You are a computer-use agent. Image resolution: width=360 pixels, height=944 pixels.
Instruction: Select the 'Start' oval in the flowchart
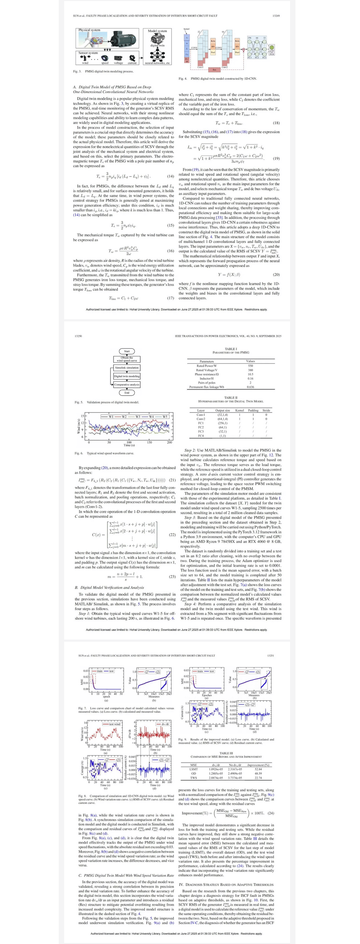pyautogui.click(x=126, y=351)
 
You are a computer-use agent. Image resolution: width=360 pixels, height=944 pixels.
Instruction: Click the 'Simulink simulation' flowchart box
pyautogui.click(x=127, y=368)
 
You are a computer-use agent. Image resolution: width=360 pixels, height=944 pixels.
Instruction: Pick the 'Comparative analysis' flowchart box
pyautogui.click(x=127, y=384)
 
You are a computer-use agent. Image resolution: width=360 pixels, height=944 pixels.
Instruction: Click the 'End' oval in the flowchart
pyautogui.click(x=126, y=392)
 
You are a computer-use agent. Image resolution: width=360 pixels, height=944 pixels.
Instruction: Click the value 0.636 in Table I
pyautogui.click(x=250, y=387)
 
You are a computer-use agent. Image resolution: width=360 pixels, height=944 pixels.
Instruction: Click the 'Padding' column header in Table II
pyautogui.click(x=253, y=410)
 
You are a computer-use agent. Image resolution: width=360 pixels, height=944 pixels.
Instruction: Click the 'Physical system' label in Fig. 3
pyautogui.click(x=89, y=30)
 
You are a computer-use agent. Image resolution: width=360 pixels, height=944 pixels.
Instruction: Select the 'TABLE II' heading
pyautogui.click(x=231, y=398)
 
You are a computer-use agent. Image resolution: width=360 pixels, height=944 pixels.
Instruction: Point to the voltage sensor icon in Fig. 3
pyautogui.click(x=119, y=58)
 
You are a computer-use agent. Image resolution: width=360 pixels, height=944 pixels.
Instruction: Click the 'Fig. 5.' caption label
pyautogui.click(x=79, y=402)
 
